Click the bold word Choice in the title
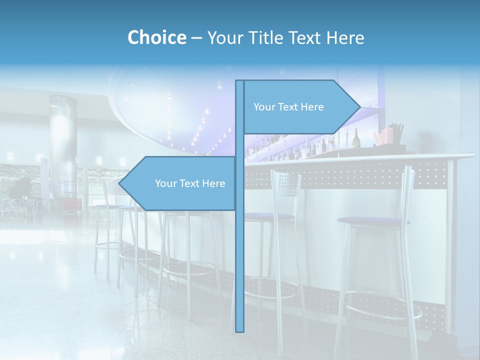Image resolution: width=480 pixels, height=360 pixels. [156, 37]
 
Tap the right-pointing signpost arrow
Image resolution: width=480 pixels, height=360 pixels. [300, 107]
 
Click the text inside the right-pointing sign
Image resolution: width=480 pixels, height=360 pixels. [288, 107]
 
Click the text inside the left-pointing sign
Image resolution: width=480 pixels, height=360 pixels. [190, 183]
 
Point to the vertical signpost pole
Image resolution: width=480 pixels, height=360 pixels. [240, 250]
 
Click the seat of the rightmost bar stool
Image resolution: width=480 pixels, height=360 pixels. [372, 221]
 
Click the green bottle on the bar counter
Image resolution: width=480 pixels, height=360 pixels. [356, 138]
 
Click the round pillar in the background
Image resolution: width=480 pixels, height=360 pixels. [63, 145]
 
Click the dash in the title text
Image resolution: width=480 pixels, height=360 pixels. [196, 38]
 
